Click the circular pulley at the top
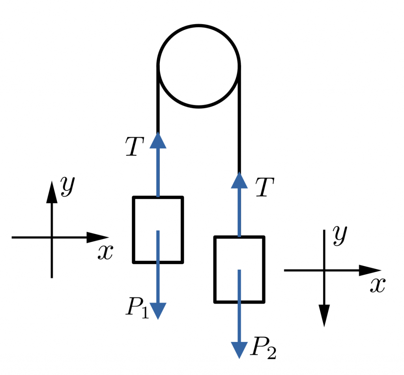coord(198,66)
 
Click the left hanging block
coord(158,229)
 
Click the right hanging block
coord(239,269)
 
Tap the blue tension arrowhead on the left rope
coord(158,141)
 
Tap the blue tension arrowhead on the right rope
coord(239,180)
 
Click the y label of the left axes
coord(67,186)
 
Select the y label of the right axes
coord(339,235)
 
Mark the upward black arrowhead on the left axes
coord(52,192)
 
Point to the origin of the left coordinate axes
coord(52,237)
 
